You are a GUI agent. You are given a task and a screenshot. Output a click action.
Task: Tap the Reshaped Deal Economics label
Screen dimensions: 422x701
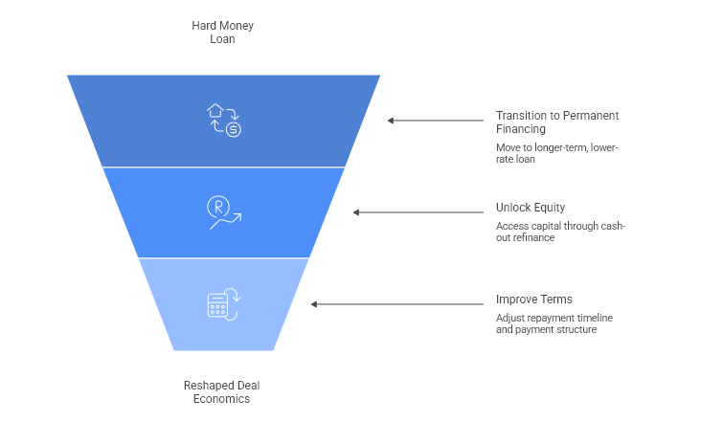tap(222, 391)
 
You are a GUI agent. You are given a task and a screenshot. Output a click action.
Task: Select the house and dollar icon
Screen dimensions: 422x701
tap(224, 120)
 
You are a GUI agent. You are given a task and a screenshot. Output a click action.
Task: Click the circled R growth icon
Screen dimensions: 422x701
tap(224, 211)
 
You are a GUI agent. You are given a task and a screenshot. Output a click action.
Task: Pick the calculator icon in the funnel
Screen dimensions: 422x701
tap(224, 305)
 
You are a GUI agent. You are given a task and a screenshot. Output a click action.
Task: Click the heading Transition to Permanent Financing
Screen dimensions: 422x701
tap(557, 122)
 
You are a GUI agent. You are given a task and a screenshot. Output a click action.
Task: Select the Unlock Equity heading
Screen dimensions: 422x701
tap(531, 207)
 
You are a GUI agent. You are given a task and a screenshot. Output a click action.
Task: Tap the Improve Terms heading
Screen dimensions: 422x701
tap(534, 299)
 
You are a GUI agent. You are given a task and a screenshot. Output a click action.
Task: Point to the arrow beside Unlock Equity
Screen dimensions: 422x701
tap(418, 212)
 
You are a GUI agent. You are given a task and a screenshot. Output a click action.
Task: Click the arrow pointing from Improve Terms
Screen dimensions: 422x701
tap(397, 304)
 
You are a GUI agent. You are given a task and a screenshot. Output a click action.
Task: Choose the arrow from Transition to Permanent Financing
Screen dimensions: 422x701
tap(436, 121)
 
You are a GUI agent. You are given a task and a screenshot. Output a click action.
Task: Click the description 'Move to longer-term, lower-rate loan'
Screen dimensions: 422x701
tap(557, 153)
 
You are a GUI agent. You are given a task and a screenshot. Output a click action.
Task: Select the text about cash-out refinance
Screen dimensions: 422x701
tap(560, 232)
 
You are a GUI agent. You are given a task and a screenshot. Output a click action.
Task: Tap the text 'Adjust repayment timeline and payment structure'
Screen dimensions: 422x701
tap(554, 323)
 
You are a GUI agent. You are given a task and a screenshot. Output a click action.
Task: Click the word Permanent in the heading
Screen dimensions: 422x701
tap(589, 116)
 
